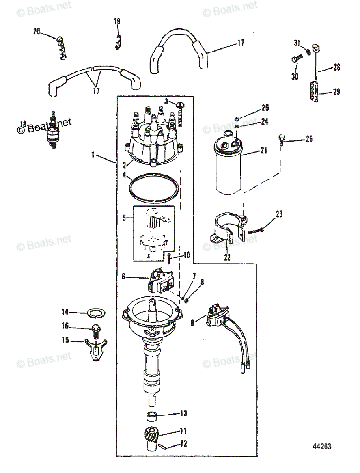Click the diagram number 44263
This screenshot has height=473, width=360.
[x=322, y=446]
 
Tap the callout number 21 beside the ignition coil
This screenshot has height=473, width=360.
[x=264, y=150]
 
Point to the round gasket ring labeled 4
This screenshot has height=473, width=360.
[x=154, y=188]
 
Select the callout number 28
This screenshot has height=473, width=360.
[x=336, y=67]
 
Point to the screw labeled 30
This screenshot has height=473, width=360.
[x=297, y=58]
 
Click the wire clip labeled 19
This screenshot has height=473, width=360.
[x=118, y=42]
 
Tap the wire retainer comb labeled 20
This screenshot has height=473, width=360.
[x=62, y=48]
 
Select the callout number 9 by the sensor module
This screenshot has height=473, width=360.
[x=192, y=328]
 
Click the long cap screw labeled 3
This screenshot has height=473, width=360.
[x=181, y=115]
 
